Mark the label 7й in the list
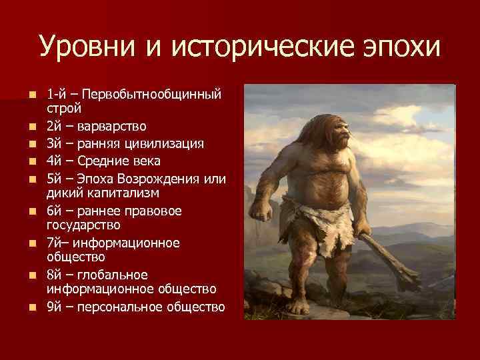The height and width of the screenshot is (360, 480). pos(55,243)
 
